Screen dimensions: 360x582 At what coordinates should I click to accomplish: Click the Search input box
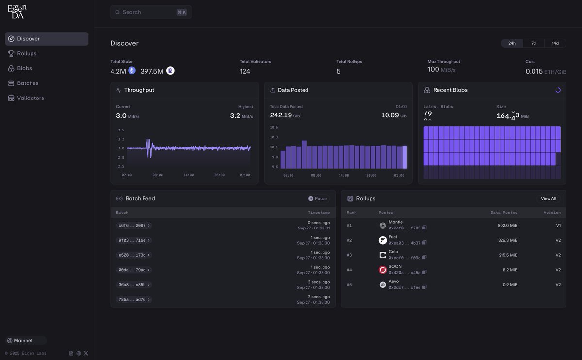tap(145, 12)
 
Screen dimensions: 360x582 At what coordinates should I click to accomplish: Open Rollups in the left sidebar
tap(27, 53)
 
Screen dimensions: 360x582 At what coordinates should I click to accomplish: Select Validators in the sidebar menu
tap(30, 98)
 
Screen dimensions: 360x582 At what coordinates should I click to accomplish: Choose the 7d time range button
tap(533, 43)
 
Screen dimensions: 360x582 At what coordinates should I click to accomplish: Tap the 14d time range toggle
tap(555, 43)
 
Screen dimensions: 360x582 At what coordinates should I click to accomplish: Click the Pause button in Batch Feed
tap(318, 198)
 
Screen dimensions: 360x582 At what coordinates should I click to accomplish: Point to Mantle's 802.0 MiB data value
tap(507, 225)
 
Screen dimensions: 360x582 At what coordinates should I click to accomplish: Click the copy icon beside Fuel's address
tap(424, 243)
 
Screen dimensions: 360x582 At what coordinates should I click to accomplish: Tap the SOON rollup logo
tap(383, 270)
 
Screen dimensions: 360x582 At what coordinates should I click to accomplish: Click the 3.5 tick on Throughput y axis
tap(121, 130)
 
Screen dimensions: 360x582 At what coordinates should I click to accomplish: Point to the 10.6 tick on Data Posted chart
tap(274, 127)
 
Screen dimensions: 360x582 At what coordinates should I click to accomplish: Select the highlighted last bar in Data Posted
tap(404, 157)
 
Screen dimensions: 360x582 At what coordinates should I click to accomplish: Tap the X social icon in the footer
tap(86, 353)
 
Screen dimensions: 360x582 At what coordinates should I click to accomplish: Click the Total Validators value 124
tap(245, 71)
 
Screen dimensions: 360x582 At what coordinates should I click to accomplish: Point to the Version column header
tap(552, 213)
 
